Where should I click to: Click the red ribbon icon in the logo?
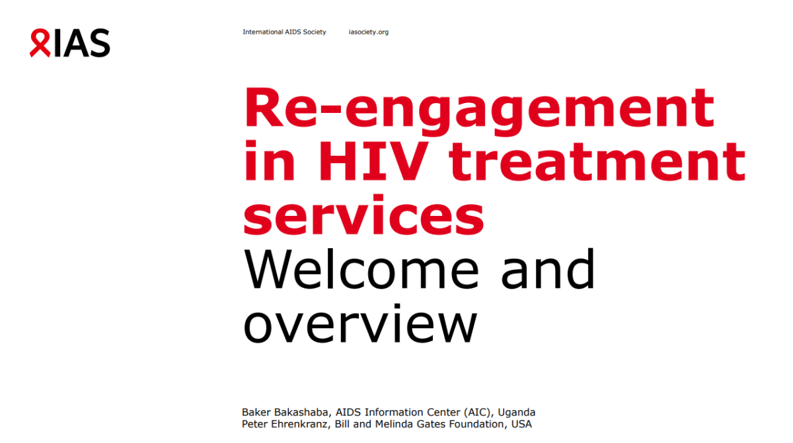(40, 43)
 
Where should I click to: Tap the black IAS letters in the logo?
(81, 43)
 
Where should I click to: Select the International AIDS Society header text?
(284, 32)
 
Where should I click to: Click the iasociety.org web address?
(368, 32)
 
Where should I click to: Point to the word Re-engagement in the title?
(479, 109)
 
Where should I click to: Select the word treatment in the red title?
(597, 162)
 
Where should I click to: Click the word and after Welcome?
(548, 269)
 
